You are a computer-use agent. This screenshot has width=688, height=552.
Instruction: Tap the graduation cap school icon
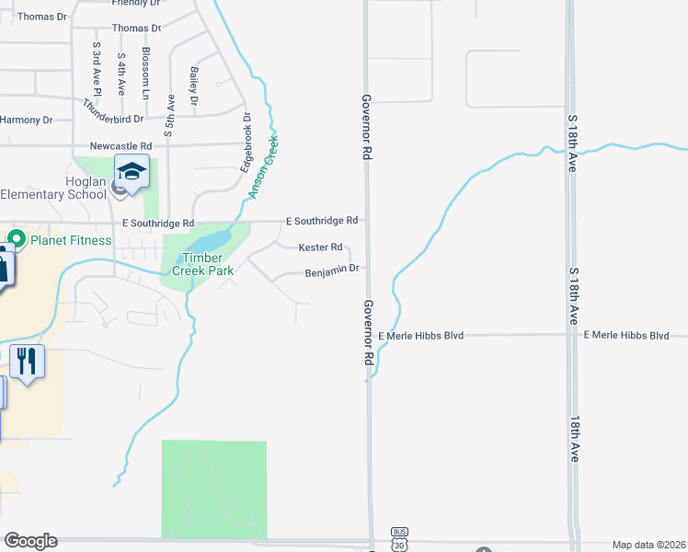(x=132, y=172)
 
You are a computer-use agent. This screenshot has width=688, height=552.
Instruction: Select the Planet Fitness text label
(x=70, y=241)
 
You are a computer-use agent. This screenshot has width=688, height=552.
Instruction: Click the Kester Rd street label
(x=320, y=247)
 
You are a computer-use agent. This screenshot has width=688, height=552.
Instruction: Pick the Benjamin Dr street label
(x=330, y=271)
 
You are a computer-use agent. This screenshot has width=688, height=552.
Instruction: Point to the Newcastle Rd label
(x=120, y=146)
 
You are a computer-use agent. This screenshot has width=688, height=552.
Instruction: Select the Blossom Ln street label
(x=145, y=74)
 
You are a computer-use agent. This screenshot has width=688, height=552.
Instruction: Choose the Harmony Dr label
(x=28, y=120)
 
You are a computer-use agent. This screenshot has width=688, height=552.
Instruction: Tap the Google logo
(x=30, y=541)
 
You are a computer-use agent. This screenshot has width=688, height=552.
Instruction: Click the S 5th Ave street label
(x=170, y=115)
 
